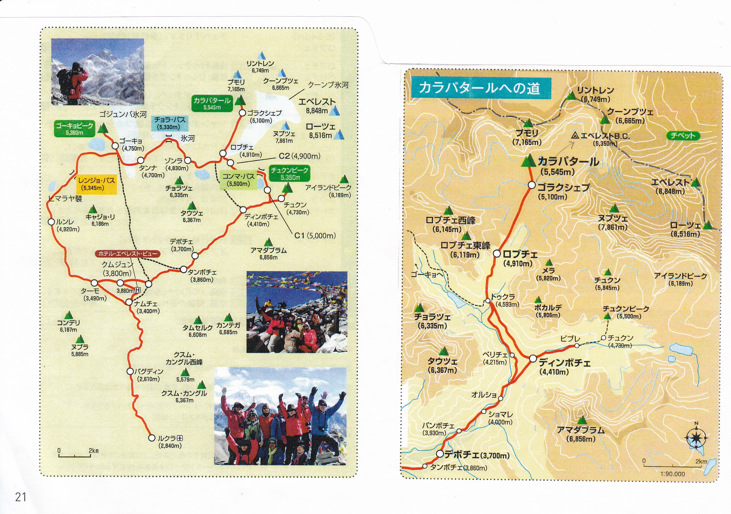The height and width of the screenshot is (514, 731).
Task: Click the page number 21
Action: [21, 497]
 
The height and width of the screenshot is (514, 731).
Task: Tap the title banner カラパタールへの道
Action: [480, 88]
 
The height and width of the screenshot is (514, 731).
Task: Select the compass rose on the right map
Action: [696, 438]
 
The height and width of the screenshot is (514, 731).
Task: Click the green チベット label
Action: [682, 136]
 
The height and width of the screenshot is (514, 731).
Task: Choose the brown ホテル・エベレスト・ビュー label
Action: [128, 254]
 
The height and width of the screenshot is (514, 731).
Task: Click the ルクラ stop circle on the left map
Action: [152, 438]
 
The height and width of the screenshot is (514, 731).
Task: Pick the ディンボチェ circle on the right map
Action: [533, 359]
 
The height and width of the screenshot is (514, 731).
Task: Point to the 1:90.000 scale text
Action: [672, 474]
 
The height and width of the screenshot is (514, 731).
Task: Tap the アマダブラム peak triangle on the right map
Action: [582, 420]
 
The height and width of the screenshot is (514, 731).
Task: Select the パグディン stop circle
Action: [130, 371]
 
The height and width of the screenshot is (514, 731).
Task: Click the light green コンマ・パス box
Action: [238, 180]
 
